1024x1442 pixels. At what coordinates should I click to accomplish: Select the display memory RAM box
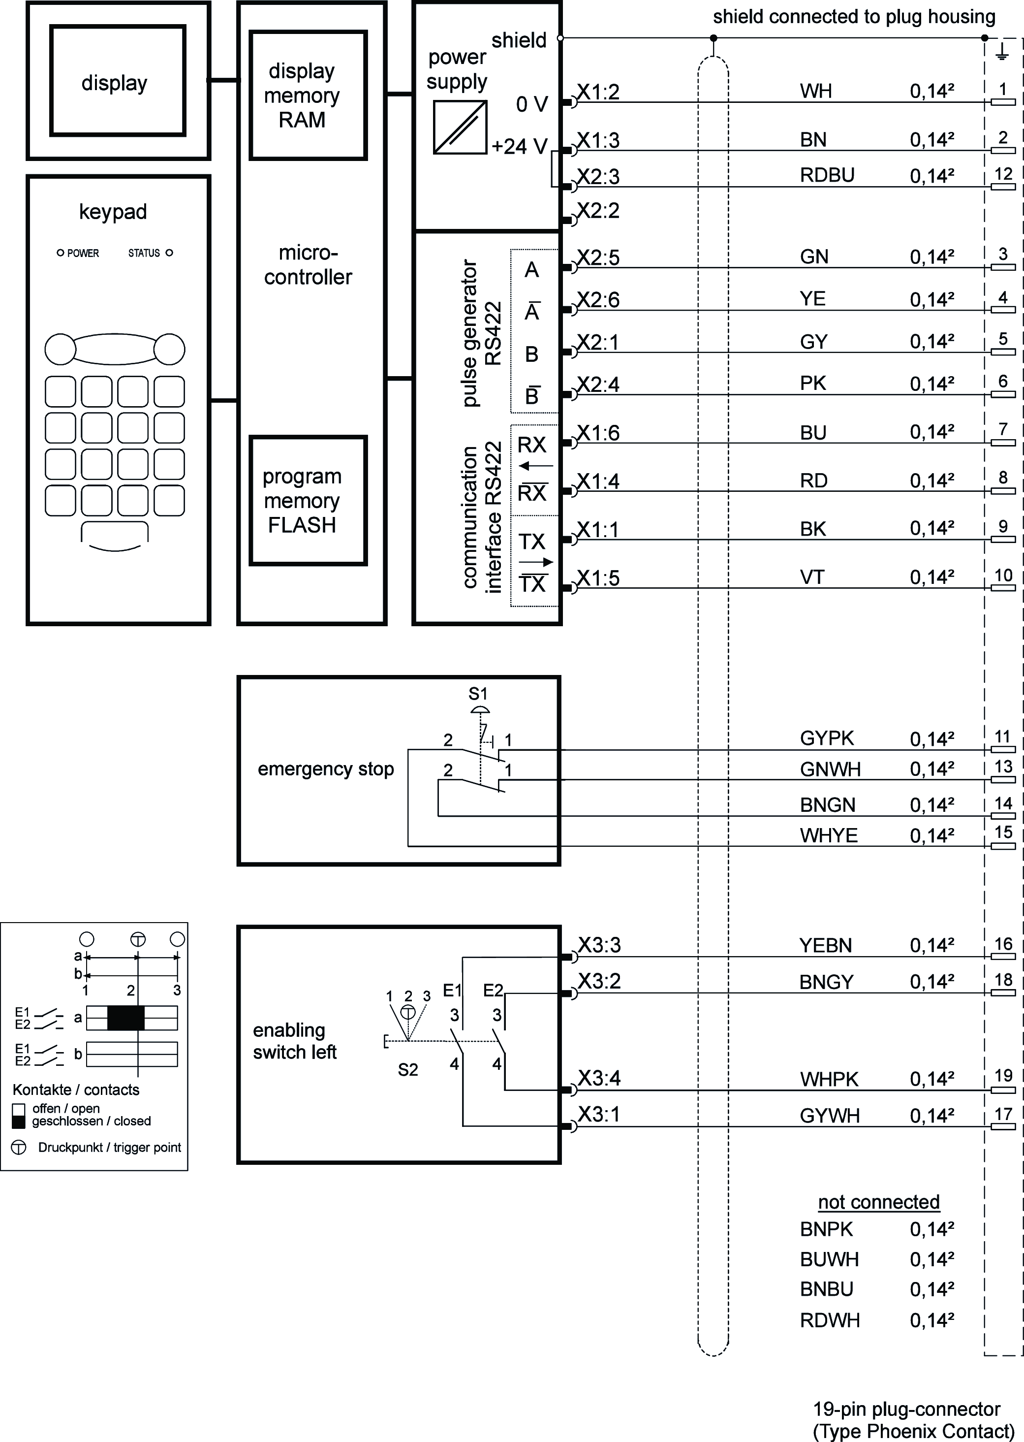[308, 95]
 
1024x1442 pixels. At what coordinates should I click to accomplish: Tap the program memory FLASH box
[308, 500]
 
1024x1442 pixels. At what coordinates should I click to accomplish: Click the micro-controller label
[308, 265]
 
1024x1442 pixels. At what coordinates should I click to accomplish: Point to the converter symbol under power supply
[460, 128]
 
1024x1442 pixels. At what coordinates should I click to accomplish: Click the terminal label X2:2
[598, 211]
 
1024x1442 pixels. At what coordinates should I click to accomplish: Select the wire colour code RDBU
[827, 175]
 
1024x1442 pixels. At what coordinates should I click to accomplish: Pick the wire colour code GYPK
[826, 738]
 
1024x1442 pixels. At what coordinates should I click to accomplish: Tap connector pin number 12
[1002, 173]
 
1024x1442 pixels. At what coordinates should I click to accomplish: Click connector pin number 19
[1002, 1076]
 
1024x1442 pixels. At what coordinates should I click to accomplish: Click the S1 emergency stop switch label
[478, 694]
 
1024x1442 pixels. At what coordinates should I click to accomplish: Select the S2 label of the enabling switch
[408, 1070]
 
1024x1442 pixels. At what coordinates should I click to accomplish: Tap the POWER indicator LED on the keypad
[61, 253]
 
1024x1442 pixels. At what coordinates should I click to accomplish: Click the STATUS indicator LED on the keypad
[169, 253]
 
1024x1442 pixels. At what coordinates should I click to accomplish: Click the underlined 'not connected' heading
[878, 1202]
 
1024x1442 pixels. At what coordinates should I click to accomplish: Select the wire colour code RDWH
[829, 1320]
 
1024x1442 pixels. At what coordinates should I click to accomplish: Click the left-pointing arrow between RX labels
[535, 467]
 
